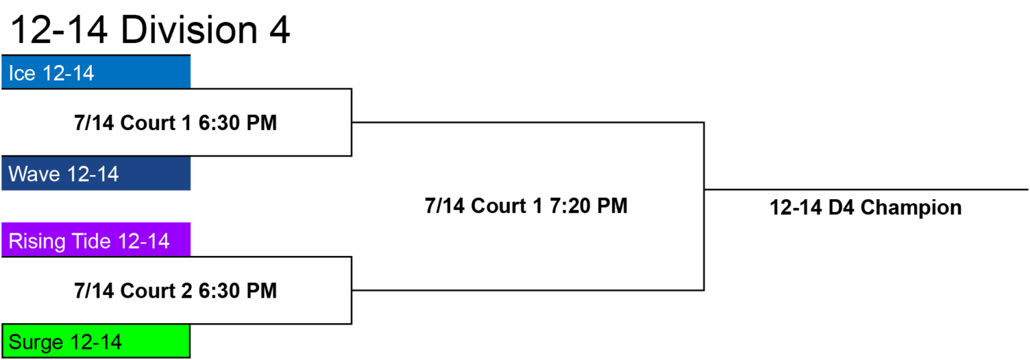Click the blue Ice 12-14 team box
[96, 72]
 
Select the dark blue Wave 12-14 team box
[96, 174]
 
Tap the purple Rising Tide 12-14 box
[96, 239]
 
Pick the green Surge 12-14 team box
[96, 341]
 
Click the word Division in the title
[189, 30]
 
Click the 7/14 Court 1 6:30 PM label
[176, 123]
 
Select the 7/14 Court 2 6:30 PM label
[176, 290]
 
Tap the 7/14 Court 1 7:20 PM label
[526, 206]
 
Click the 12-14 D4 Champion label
[866, 208]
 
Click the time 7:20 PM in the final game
[589, 206]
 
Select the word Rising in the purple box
[38, 241]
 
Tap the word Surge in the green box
[37, 343]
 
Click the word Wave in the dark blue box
[34, 174]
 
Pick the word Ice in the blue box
[22, 73]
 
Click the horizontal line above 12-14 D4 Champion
[866, 189]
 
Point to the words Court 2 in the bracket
[156, 290]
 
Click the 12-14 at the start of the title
[58, 30]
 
